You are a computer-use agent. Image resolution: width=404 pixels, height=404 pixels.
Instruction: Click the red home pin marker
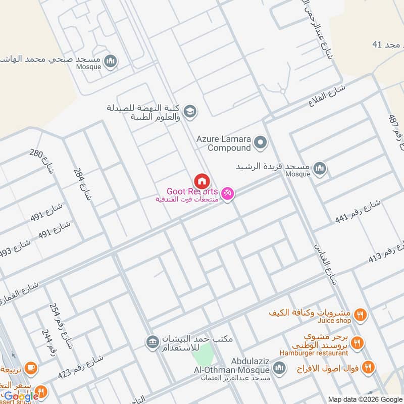point(201,181)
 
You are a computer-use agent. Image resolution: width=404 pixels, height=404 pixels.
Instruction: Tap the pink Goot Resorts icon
point(228,193)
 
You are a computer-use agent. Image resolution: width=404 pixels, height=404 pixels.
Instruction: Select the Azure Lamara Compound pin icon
point(261,143)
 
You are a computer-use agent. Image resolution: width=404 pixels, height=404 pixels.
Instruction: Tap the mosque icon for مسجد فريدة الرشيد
point(319,168)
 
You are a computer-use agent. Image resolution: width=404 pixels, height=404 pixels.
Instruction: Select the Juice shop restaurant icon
point(360,314)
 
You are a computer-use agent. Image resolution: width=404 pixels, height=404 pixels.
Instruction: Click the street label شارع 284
point(83,185)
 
